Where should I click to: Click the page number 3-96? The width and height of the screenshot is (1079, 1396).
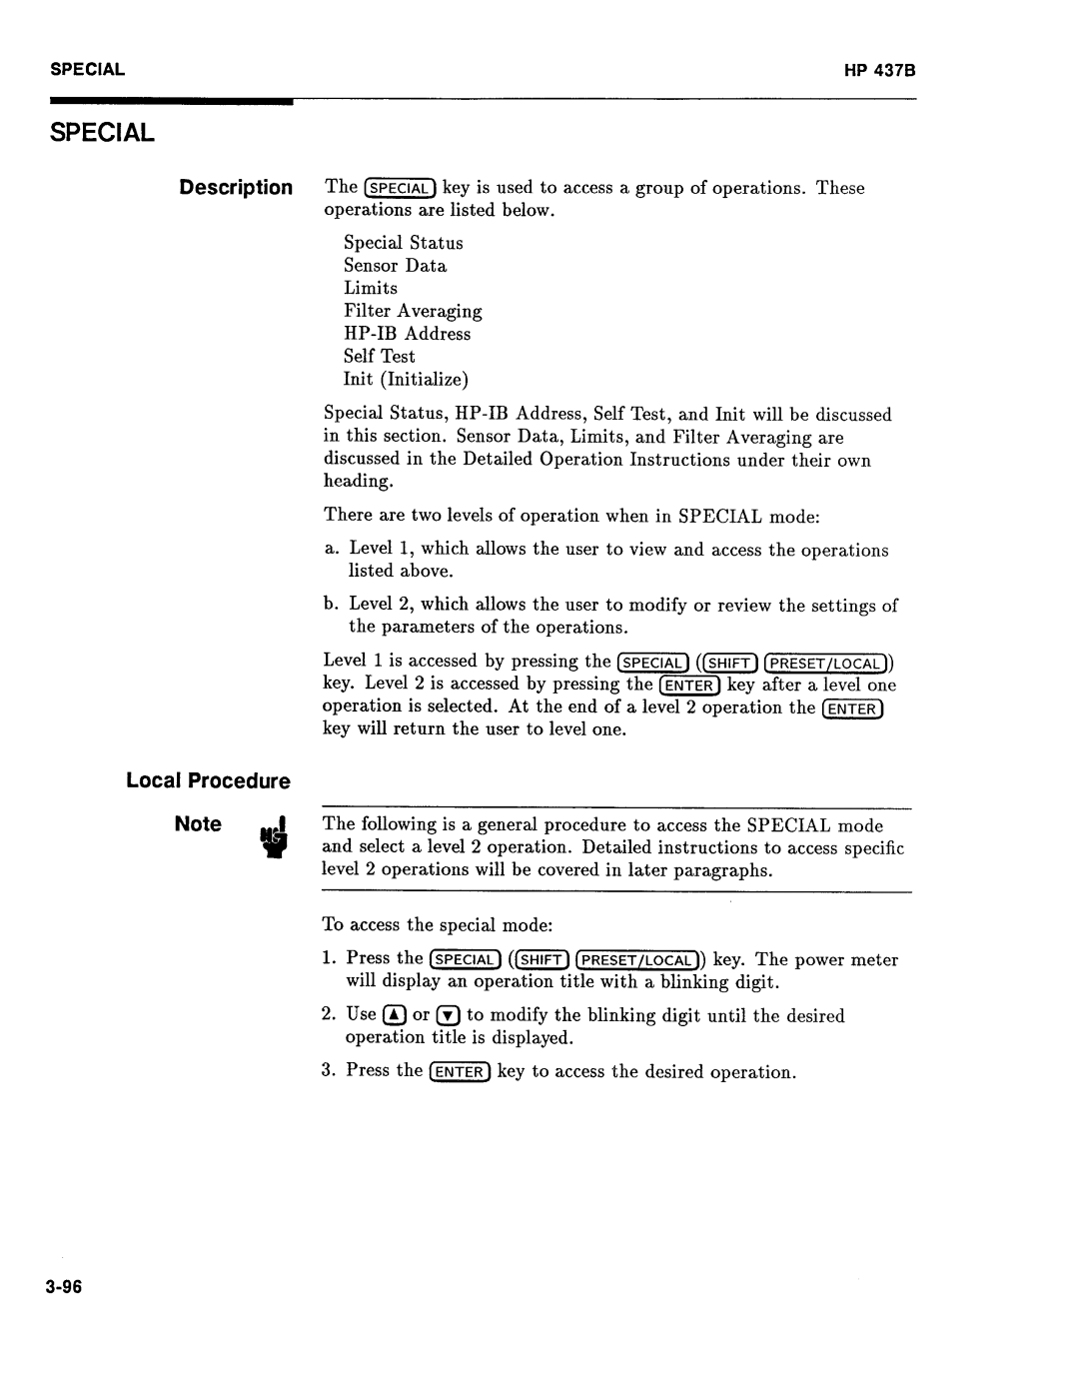(x=60, y=1287)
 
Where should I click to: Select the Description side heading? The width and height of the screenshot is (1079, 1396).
(x=236, y=188)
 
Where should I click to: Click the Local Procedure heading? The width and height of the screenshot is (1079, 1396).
(x=208, y=780)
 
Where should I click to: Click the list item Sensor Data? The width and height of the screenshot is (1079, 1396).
(x=396, y=266)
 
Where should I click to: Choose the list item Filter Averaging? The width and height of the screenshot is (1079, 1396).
(x=413, y=311)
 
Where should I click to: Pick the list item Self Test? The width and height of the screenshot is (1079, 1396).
(x=380, y=356)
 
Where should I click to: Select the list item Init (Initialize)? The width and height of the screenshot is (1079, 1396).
(x=406, y=379)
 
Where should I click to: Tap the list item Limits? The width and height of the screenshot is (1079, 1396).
(x=371, y=288)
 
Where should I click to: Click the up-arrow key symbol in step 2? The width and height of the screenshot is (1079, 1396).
(x=395, y=1015)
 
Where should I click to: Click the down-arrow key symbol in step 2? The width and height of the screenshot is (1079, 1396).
(x=448, y=1015)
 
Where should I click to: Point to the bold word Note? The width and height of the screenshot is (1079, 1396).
(x=198, y=824)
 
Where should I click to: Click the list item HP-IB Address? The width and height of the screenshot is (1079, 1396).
(x=408, y=334)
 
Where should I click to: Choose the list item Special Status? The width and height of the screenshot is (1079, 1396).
(x=404, y=243)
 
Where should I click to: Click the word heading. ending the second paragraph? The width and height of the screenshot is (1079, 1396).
(x=359, y=481)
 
